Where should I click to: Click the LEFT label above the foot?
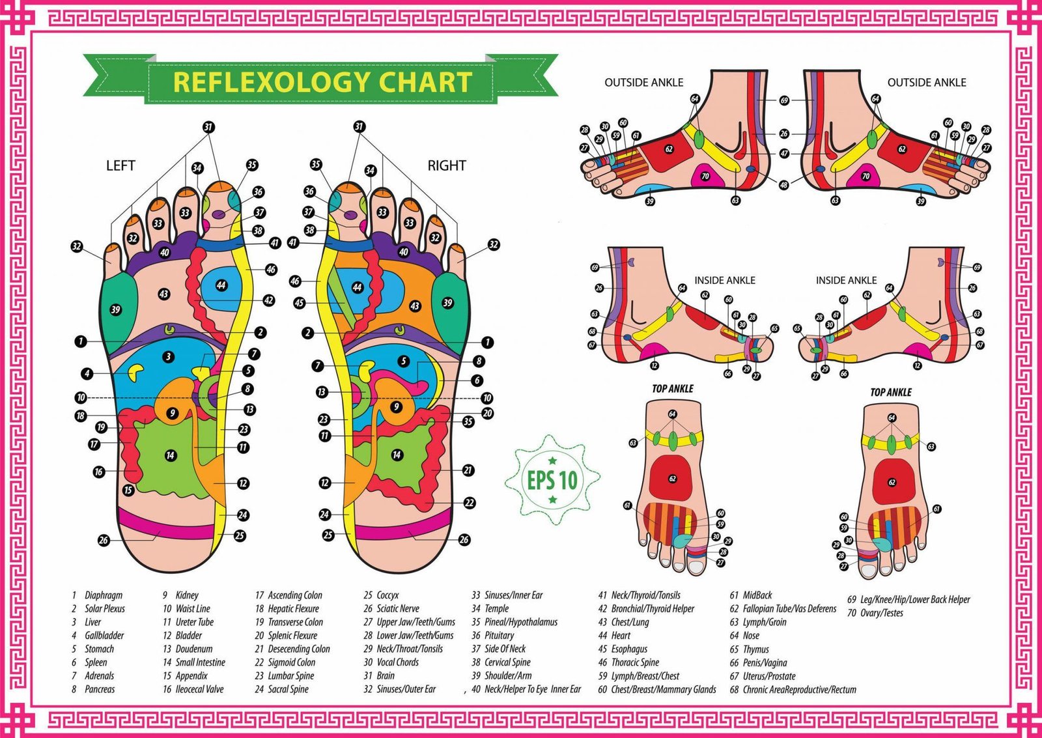pyautogui.click(x=120, y=165)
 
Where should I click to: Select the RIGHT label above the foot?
pyautogui.click(x=446, y=165)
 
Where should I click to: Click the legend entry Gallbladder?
pyautogui.click(x=104, y=635)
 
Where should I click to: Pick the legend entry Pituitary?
pyautogui.click(x=499, y=635)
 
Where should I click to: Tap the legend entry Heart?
pyautogui.click(x=621, y=635)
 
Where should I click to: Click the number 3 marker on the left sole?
pyautogui.click(x=169, y=356)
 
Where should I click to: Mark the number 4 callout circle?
pyautogui.click(x=87, y=374)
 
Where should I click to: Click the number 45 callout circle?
pyautogui.click(x=300, y=303)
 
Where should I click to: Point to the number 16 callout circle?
pyautogui.click(x=99, y=472)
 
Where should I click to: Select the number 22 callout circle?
pyautogui.click(x=469, y=503)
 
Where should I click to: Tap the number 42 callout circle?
pyautogui.click(x=268, y=300)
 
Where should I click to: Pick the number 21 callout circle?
pyautogui.click(x=468, y=470)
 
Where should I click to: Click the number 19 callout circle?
pyautogui.click(x=101, y=427)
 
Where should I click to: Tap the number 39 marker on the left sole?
pyautogui.click(x=115, y=309)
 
